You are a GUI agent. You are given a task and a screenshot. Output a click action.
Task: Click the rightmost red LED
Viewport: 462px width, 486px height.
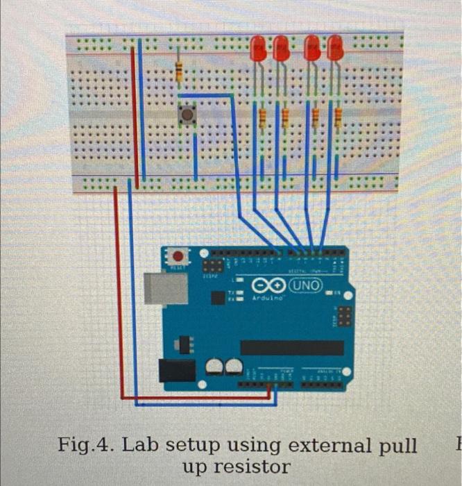335,48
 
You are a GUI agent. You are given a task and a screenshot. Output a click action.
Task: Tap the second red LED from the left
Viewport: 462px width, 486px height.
281,48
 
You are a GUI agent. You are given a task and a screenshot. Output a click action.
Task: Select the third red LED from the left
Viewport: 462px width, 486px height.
313,48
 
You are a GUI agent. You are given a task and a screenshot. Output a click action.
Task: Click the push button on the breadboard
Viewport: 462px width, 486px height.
187,115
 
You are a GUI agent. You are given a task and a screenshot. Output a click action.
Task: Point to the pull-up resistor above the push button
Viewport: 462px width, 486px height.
179,69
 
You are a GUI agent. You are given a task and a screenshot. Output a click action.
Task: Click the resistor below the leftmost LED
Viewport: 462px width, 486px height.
262,118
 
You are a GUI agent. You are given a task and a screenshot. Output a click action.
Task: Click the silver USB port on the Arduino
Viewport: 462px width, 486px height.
166,288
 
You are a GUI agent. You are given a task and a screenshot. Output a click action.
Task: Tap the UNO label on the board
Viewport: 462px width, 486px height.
306,285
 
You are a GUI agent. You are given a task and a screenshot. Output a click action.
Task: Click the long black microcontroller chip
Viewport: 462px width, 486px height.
291,347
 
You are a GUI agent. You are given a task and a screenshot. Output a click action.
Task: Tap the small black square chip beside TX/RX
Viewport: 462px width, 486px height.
217,298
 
